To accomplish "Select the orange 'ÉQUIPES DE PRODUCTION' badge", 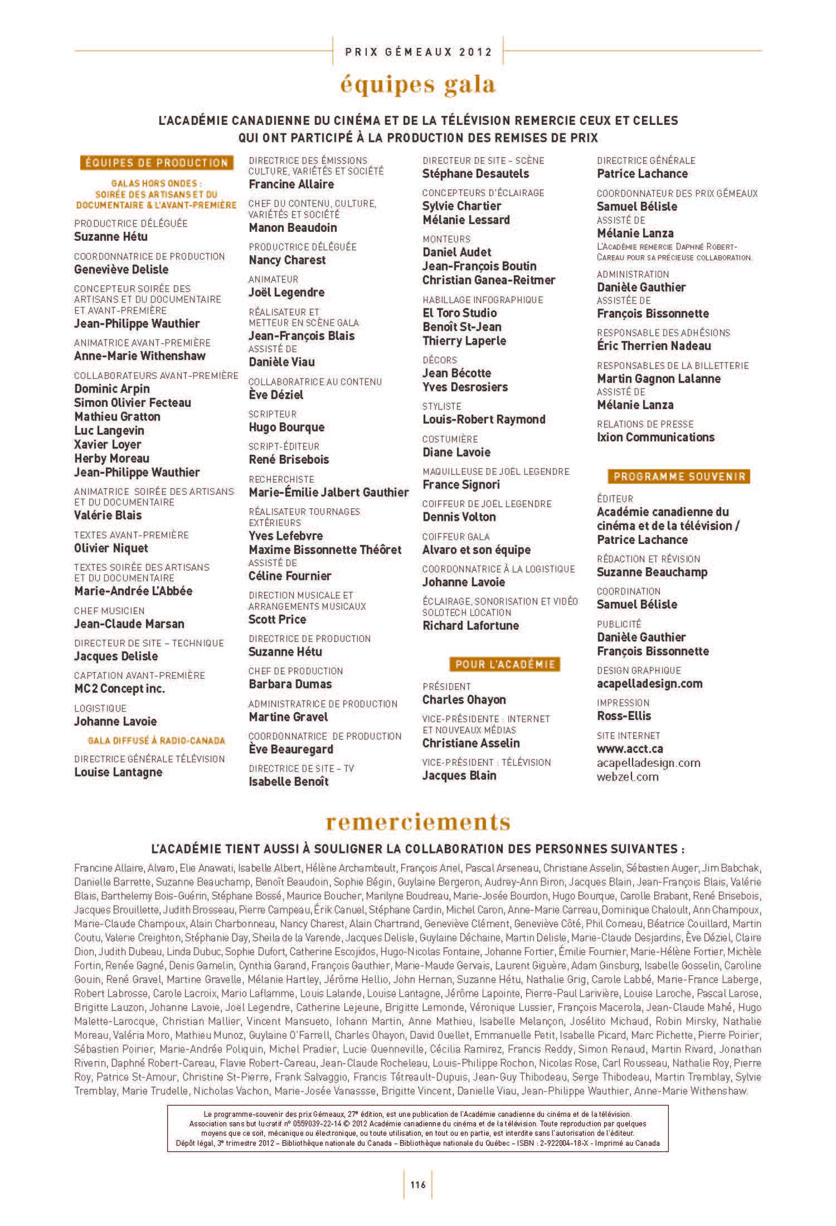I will click(156, 163).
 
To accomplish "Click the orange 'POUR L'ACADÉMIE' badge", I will click(504, 664).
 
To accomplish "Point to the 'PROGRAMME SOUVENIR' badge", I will click(679, 476).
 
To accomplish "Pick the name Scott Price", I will click(278, 619).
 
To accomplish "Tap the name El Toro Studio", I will click(460, 313).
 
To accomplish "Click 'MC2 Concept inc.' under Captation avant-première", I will click(119, 688).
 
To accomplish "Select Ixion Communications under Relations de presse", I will click(655, 437).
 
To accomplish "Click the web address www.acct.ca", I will click(630, 748).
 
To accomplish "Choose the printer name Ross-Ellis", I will click(624, 716).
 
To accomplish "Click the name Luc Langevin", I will click(109, 430).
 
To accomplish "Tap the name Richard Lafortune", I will click(470, 625).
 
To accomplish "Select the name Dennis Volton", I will click(459, 517).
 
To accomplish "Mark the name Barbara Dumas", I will click(290, 684).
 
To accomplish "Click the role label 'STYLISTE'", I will click(441, 406).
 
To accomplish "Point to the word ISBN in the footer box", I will click(526, 1143).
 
